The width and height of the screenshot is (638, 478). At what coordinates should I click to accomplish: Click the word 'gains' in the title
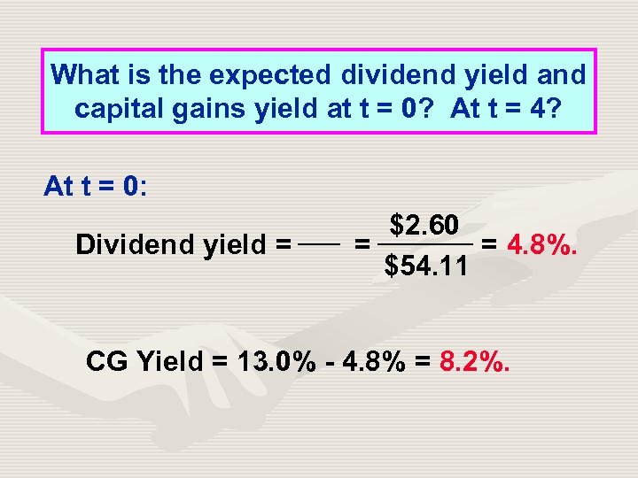point(197,109)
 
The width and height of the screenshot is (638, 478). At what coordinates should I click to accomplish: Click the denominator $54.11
point(426,265)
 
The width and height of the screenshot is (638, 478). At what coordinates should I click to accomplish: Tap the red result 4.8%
point(542,243)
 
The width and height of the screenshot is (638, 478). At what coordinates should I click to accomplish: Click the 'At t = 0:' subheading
point(95,187)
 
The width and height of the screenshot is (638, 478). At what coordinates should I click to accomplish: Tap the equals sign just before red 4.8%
point(488,243)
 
